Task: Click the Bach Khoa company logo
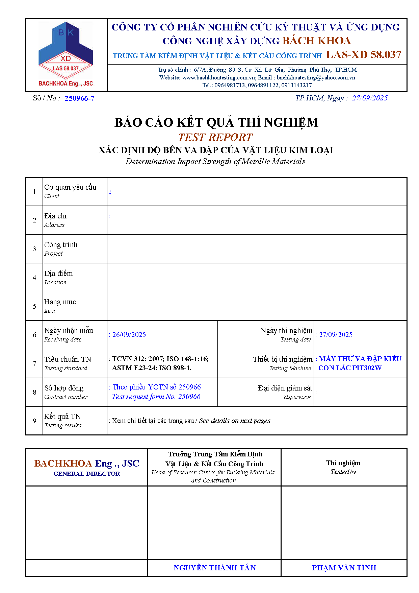pyautogui.click(x=66, y=54)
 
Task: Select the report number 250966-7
pyautogui.click(x=79, y=98)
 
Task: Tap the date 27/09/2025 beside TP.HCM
pyautogui.click(x=370, y=98)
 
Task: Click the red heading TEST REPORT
pyautogui.click(x=215, y=137)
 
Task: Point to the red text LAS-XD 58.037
pyautogui.click(x=364, y=55)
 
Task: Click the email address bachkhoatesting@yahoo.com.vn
pyautogui.click(x=316, y=77)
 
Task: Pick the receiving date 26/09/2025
pyautogui.click(x=129, y=335)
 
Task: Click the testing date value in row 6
pyautogui.click(x=336, y=335)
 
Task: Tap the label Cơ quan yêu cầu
pyautogui.click(x=70, y=187)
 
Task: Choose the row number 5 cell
pyautogui.click(x=34, y=306)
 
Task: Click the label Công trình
pyautogui.click(x=61, y=245)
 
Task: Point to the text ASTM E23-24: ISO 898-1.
pyautogui.click(x=152, y=368)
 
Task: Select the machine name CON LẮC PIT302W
pyautogui.click(x=350, y=368)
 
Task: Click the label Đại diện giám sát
pyautogui.click(x=285, y=388)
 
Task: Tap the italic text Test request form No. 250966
pyautogui.click(x=156, y=397)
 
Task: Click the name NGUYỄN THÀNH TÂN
pyautogui.click(x=214, y=568)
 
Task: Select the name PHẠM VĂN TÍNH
pyautogui.click(x=344, y=568)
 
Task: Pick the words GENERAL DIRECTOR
pyautogui.click(x=87, y=474)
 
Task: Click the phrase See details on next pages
pyautogui.click(x=235, y=421)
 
